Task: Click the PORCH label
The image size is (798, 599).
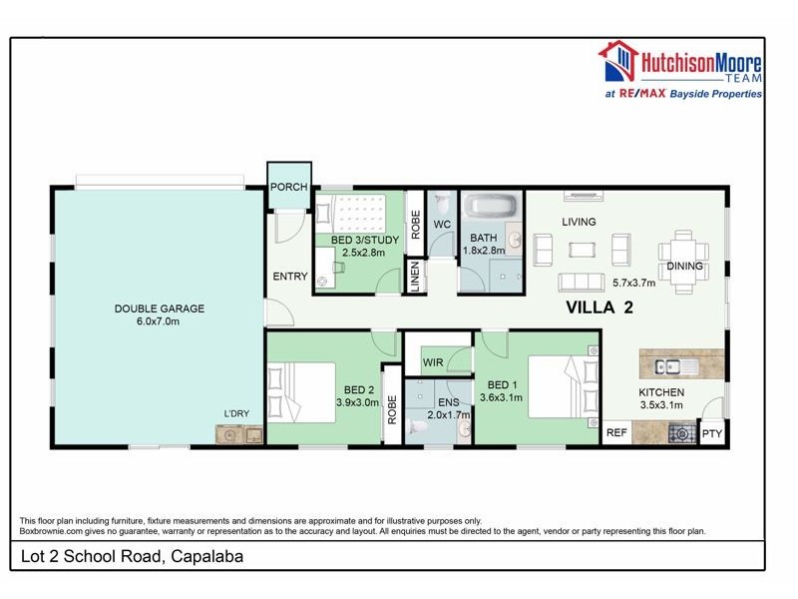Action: tap(289, 187)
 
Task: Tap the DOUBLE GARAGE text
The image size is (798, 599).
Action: tap(160, 308)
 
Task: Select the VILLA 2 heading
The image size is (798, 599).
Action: tap(599, 307)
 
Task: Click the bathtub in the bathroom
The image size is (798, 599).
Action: tap(492, 207)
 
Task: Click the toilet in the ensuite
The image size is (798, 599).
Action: tap(420, 428)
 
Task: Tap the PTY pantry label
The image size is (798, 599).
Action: tap(711, 433)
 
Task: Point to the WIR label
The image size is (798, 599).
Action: tap(433, 362)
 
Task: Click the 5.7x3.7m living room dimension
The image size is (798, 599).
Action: tap(633, 283)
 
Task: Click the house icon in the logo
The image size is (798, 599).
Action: tap(618, 62)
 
